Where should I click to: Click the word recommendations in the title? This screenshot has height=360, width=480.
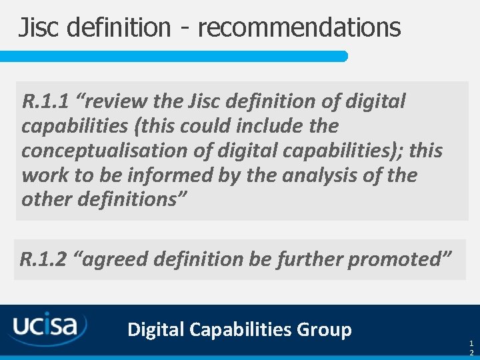coord(299,27)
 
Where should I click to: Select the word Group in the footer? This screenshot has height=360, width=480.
coord(324,329)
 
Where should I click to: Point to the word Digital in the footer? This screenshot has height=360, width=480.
coord(156,329)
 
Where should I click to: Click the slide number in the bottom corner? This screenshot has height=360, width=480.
coord(471,347)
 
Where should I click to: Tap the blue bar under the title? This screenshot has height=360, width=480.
coord(173,56)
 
